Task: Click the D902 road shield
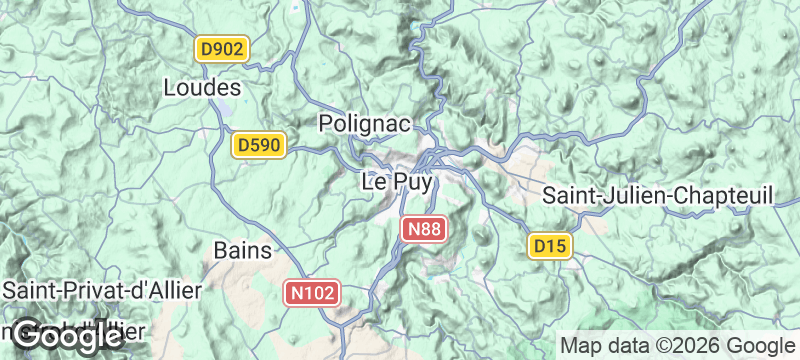(221, 48)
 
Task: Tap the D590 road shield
(260, 146)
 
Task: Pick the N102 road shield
(314, 293)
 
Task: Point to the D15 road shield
(549, 245)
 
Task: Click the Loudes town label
(202, 88)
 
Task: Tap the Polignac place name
(365, 123)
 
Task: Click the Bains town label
(243, 250)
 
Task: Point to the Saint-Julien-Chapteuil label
(659, 196)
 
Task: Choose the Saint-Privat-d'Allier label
(103, 291)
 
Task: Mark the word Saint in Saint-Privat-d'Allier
(30, 291)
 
